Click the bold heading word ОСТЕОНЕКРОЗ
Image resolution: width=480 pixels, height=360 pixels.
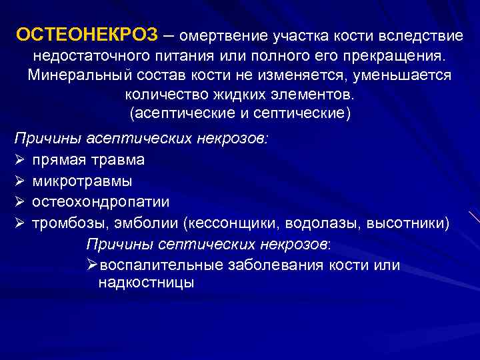(x=85, y=35)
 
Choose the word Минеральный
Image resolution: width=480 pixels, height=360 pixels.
(x=76, y=74)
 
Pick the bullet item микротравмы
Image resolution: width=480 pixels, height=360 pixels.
(x=82, y=181)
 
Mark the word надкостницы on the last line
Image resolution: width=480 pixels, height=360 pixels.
(x=146, y=283)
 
